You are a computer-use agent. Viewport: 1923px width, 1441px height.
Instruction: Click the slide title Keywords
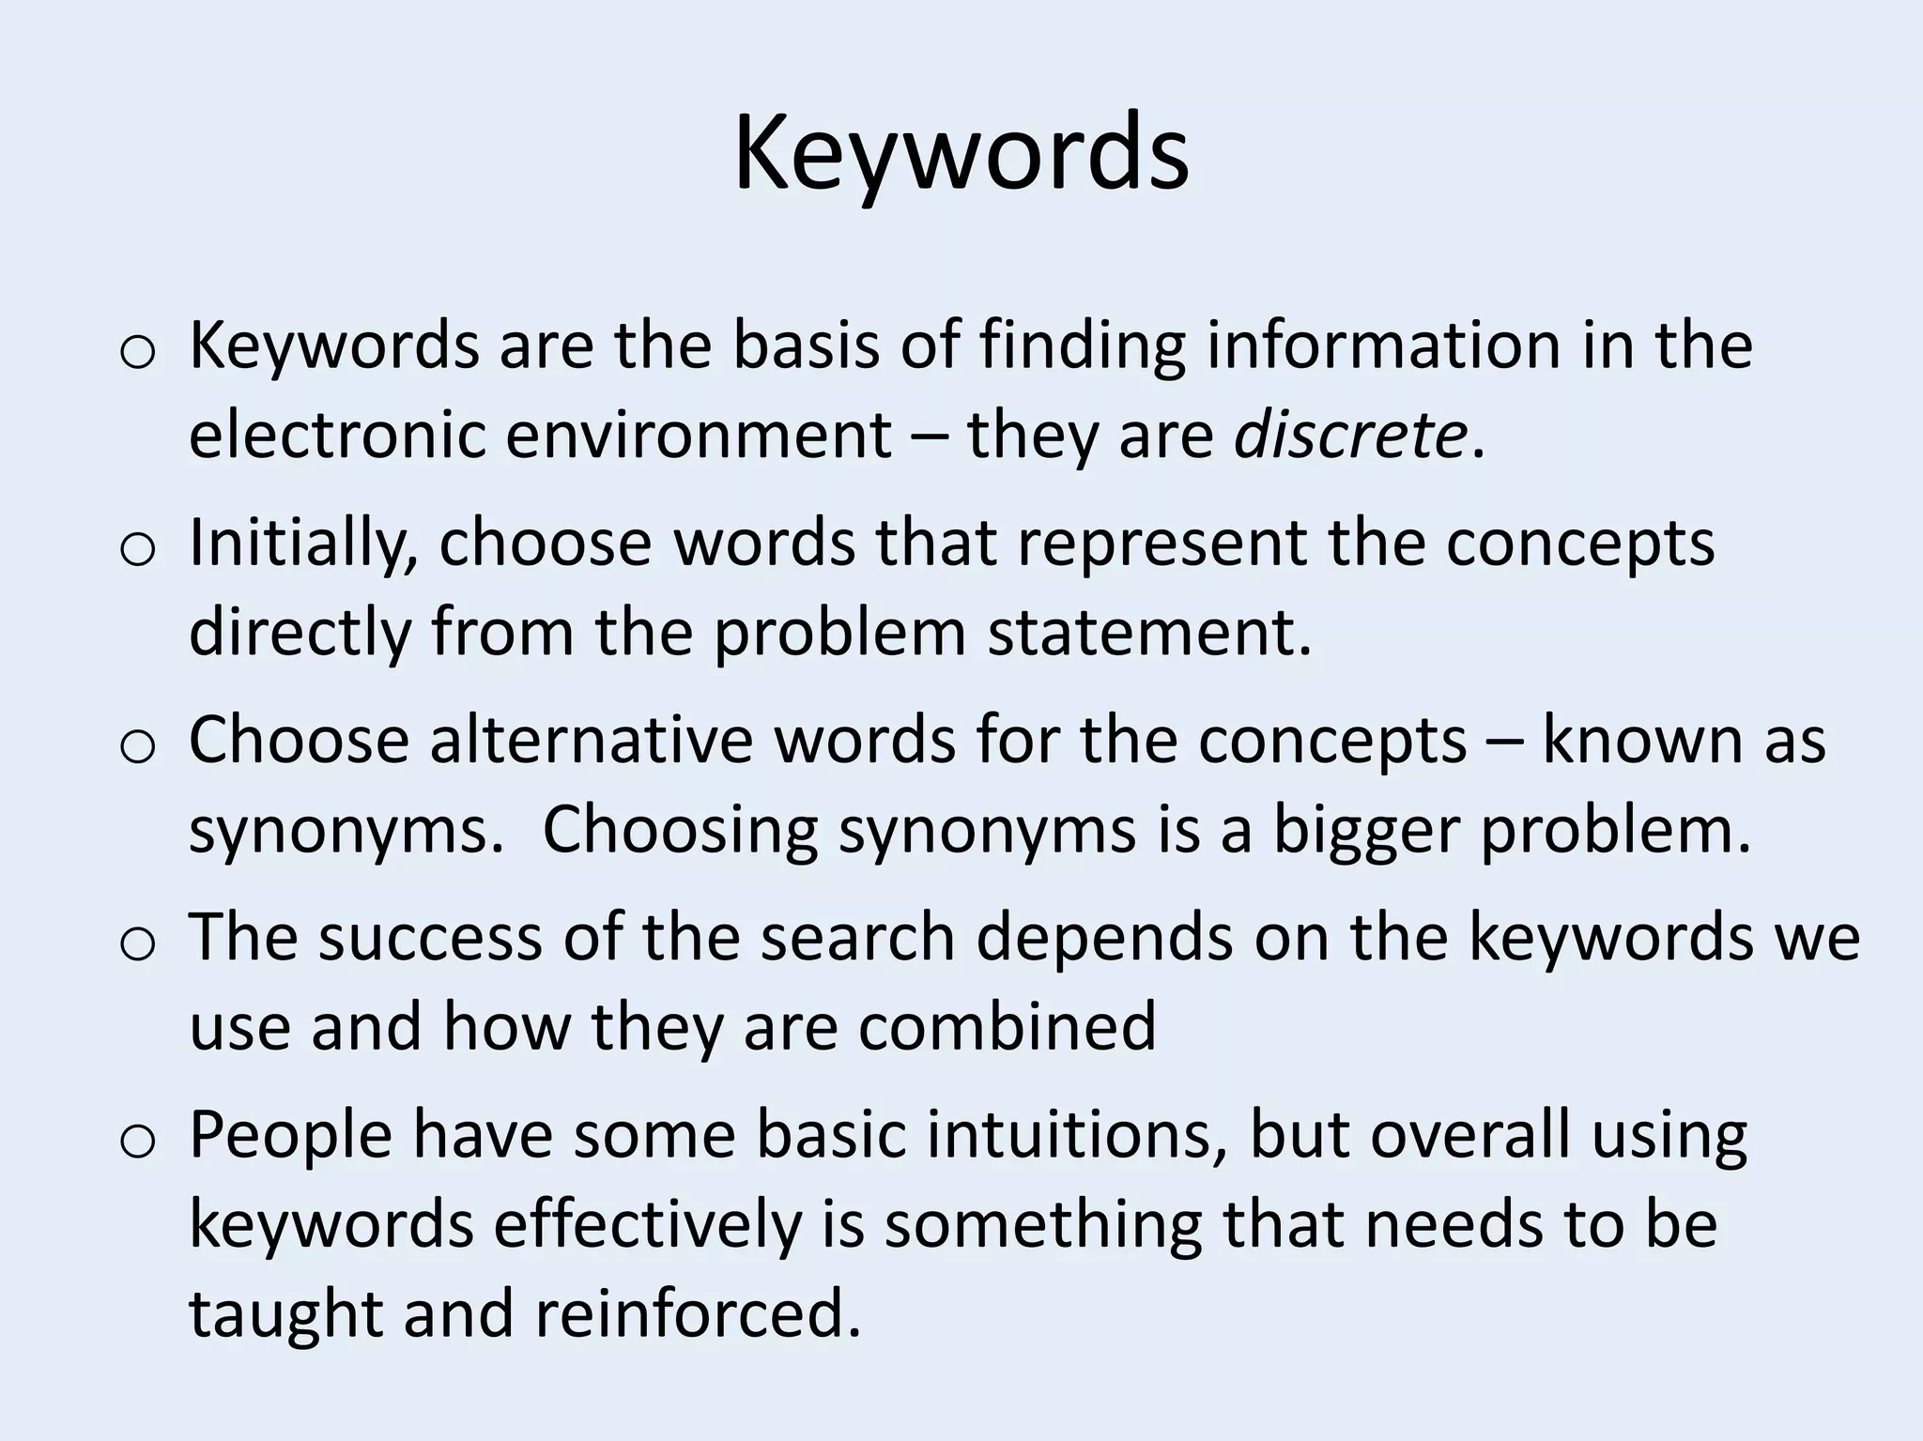[x=961, y=152]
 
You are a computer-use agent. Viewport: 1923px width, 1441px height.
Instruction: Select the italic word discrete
[x=1349, y=436]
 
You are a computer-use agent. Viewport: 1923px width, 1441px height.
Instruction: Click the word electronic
[x=337, y=436]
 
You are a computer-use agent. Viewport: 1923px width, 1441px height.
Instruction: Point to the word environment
[x=700, y=436]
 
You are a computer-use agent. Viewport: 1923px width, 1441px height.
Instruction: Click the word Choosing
[x=680, y=830]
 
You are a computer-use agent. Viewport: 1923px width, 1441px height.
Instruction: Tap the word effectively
[x=647, y=1224]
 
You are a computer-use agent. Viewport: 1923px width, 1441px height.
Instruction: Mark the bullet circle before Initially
[x=137, y=551]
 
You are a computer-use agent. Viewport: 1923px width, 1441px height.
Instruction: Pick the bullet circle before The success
[x=137, y=945]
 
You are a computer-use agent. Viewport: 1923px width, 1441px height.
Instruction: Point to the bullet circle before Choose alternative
[x=137, y=748]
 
